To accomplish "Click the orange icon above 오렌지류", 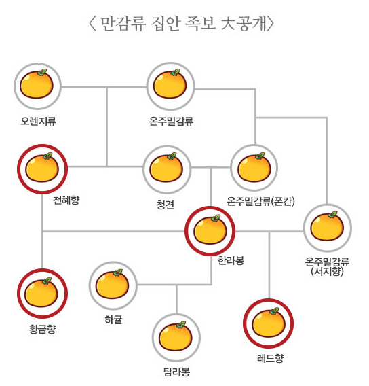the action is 37,84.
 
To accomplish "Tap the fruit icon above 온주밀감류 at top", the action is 170,84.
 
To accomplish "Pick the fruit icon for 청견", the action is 167,167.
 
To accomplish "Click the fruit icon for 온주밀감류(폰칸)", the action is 254,167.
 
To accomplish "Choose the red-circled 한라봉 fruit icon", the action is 210,230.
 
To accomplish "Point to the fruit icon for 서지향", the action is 327,226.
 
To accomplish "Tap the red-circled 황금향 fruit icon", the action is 42,292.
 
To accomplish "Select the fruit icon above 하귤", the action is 113,284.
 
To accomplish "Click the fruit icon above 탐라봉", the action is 176,336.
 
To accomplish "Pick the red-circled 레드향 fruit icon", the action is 269,322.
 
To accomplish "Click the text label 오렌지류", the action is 39,121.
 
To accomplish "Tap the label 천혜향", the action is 66,200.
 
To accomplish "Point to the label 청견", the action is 166,205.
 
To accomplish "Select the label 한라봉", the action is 231,260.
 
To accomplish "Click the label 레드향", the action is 270,358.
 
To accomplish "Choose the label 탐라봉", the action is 177,372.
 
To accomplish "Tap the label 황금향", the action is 43,329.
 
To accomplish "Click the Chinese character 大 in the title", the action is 228,24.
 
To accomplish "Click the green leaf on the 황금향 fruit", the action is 47,281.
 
